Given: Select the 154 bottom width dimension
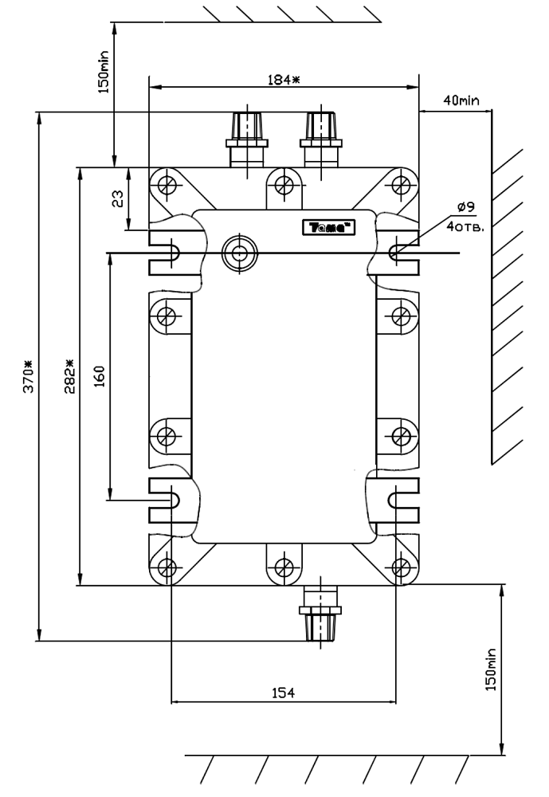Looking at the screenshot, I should [x=283, y=693].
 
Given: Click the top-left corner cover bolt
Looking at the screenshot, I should [x=167, y=185].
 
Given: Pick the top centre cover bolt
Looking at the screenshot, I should [x=282, y=185].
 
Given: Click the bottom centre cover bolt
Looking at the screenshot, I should [x=282, y=567].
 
